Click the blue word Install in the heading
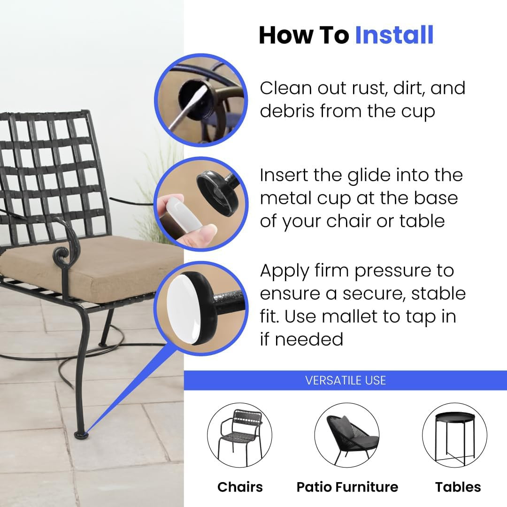pos(394,36)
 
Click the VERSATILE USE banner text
pos(346,380)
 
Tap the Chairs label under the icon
pos(240,487)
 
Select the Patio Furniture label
pos(347,487)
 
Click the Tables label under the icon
pos(458,487)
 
